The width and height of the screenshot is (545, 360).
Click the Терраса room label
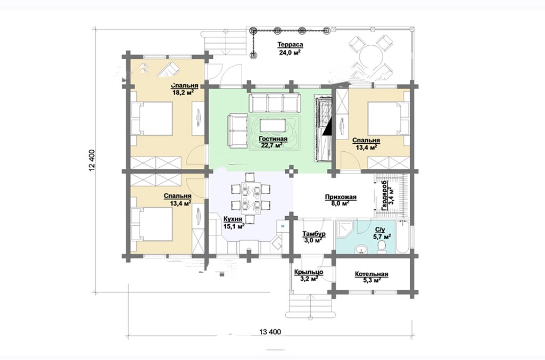(x=290, y=45)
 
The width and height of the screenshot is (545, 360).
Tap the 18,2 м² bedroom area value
(x=183, y=93)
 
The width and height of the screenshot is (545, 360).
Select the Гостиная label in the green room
(x=273, y=139)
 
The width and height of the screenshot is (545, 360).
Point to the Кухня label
(x=233, y=219)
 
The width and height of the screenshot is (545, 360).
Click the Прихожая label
(x=341, y=197)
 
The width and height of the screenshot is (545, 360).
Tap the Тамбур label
(x=313, y=234)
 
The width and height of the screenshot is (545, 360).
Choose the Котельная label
(x=371, y=274)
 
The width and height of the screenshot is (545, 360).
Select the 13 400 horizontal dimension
(x=270, y=331)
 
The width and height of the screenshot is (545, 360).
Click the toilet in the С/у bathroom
(x=382, y=248)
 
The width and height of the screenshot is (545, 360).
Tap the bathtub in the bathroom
(x=402, y=237)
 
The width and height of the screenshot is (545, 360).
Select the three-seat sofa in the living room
(x=274, y=102)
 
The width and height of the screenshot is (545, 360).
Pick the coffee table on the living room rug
(x=273, y=125)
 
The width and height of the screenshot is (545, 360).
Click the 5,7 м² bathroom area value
(x=382, y=236)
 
